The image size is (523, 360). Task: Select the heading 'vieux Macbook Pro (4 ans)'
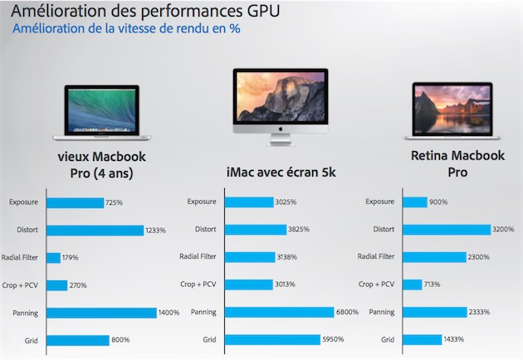point(101,165)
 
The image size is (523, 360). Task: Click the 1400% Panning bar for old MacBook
point(101,312)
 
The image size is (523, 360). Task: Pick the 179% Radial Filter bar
point(54,257)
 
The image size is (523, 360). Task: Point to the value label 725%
point(115,202)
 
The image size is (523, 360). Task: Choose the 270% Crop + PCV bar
point(57,285)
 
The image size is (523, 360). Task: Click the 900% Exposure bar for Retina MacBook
point(414,202)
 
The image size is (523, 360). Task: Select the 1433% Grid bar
point(421,339)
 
